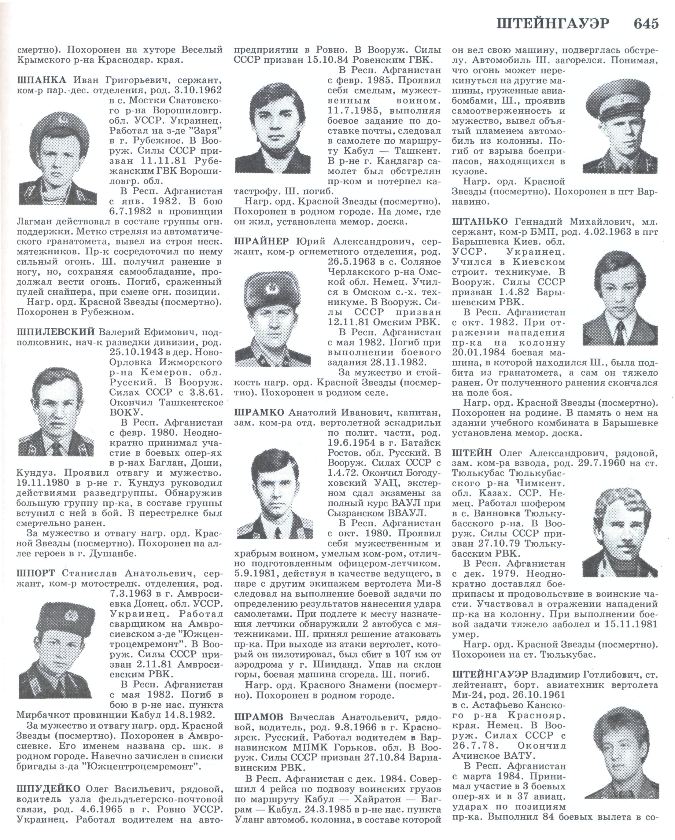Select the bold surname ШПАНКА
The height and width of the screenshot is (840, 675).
coord(42,80)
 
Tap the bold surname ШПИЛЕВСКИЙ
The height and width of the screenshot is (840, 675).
coord(56,332)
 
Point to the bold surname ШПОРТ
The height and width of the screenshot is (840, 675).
coord(35,573)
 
